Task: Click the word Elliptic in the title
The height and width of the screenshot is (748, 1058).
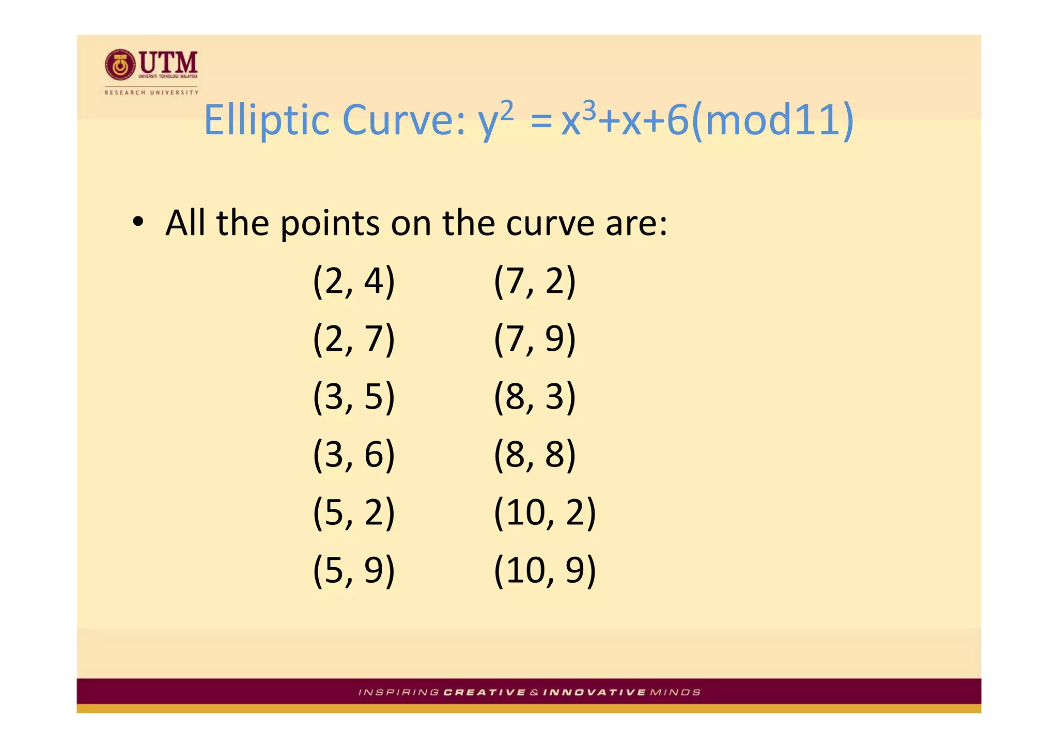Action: click(x=267, y=120)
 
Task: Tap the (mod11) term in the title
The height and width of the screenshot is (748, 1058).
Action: click(x=772, y=120)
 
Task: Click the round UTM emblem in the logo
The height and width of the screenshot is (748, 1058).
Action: click(x=120, y=65)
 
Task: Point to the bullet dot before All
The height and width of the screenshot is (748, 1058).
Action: click(x=137, y=223)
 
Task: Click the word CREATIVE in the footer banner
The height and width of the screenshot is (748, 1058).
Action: click(x=484, y=692)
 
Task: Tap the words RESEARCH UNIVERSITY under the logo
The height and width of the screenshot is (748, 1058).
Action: click(x=151, y=92)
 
